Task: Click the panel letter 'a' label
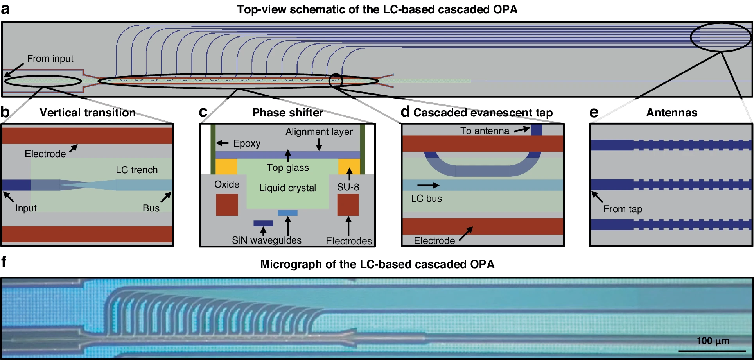coord(5,9)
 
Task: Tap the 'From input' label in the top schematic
coord(50,59)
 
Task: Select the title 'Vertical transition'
coord(88,113)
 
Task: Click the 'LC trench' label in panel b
coord(136,170)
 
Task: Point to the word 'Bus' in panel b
coord(151,208)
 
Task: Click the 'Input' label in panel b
coord(26,208)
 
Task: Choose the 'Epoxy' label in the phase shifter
coord(247,143)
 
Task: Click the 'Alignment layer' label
coord(319,132)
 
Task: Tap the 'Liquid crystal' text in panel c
coord(287,188)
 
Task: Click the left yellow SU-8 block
coord(226,167)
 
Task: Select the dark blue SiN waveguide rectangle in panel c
coord(263,223)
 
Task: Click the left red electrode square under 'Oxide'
coord(227,205)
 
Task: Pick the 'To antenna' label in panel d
coord(485,131)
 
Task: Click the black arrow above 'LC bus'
coord(428,185)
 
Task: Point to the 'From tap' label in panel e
coord(623,209)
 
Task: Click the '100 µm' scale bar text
coord(713,341)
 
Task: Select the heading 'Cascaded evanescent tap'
coord(483,113)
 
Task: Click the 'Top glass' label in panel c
coord(287,168)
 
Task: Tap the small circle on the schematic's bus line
coord(336,81)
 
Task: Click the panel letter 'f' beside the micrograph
coord(4,262)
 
